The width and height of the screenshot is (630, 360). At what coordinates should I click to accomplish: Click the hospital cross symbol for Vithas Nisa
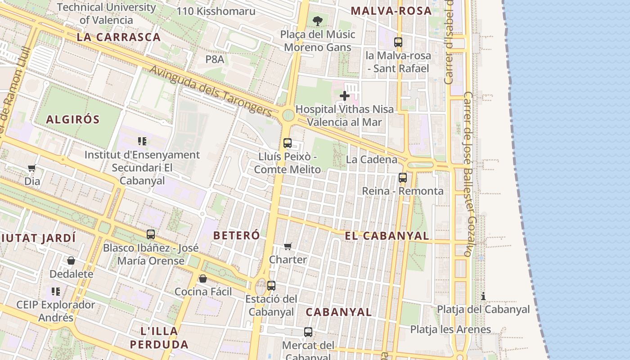tap(345, 96)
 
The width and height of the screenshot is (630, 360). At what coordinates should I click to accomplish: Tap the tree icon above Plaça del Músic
tap(317, 21)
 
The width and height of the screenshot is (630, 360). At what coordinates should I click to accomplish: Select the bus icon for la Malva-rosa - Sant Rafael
tap(398, 42)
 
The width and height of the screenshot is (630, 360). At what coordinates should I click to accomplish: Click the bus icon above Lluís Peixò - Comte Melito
tap(288, 143)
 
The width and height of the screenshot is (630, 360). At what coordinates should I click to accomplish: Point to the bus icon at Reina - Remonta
tap(403, 178)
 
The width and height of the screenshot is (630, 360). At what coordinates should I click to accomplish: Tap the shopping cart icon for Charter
tap(288, 246)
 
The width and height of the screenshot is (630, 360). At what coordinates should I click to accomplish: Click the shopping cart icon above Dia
tap(31, 168)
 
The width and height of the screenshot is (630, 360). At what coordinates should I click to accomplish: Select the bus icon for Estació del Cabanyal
tap(271, 285)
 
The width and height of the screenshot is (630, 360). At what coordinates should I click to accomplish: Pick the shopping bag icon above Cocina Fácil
tap(203, 279)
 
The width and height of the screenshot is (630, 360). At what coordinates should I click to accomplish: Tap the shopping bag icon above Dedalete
tap(71, 261)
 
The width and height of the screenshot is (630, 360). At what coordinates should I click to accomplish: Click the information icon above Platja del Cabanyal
tap(483, 296)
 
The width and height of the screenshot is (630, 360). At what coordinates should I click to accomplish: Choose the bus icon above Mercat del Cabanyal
tap(308, 332)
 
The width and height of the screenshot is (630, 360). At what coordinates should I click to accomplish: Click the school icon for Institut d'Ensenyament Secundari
tap(142, 141)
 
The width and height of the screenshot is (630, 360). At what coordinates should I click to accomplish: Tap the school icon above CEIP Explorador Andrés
tap(56, 292)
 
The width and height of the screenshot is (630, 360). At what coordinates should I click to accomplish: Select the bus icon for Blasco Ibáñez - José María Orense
tap(151, 234)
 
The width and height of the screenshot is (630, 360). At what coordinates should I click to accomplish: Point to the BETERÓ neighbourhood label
tap(236, 235)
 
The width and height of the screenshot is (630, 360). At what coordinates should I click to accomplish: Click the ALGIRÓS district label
tap(73, 120)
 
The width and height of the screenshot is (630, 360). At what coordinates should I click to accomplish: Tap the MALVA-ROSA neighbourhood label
tap(391, 11)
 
